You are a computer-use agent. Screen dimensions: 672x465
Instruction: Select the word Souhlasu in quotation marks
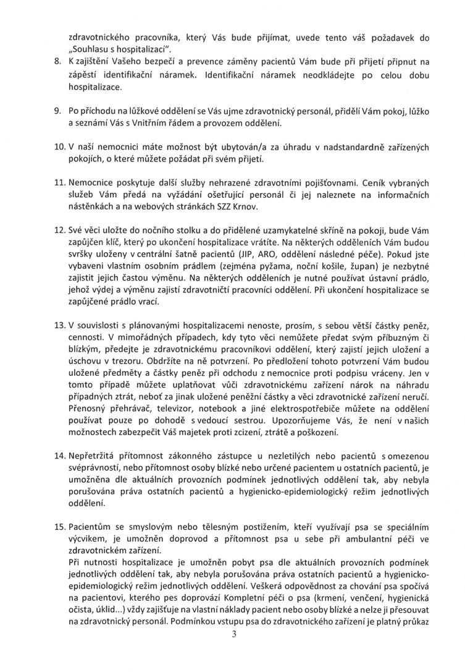pyautogui.click(x=94, y=48)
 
